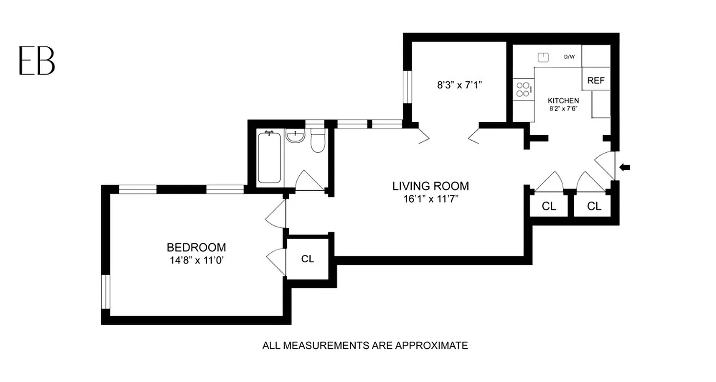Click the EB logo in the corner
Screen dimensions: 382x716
[37, 61]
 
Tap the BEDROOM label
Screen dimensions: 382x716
[196, 247]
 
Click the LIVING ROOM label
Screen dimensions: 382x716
[431, 186]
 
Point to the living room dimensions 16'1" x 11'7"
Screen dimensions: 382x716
[431, 199]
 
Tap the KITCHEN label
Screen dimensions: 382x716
[563, 101]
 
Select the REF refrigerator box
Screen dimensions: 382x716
[596, 80]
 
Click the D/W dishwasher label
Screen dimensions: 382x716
[569, 57]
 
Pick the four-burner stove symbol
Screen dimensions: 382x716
[524, 89]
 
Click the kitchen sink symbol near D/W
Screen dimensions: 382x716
[543, 57]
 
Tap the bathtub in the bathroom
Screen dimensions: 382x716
[269, 158]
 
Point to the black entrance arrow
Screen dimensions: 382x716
[624, 167]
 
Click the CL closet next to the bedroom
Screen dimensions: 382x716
[307, 259]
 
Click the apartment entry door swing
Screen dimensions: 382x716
[605, 165]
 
